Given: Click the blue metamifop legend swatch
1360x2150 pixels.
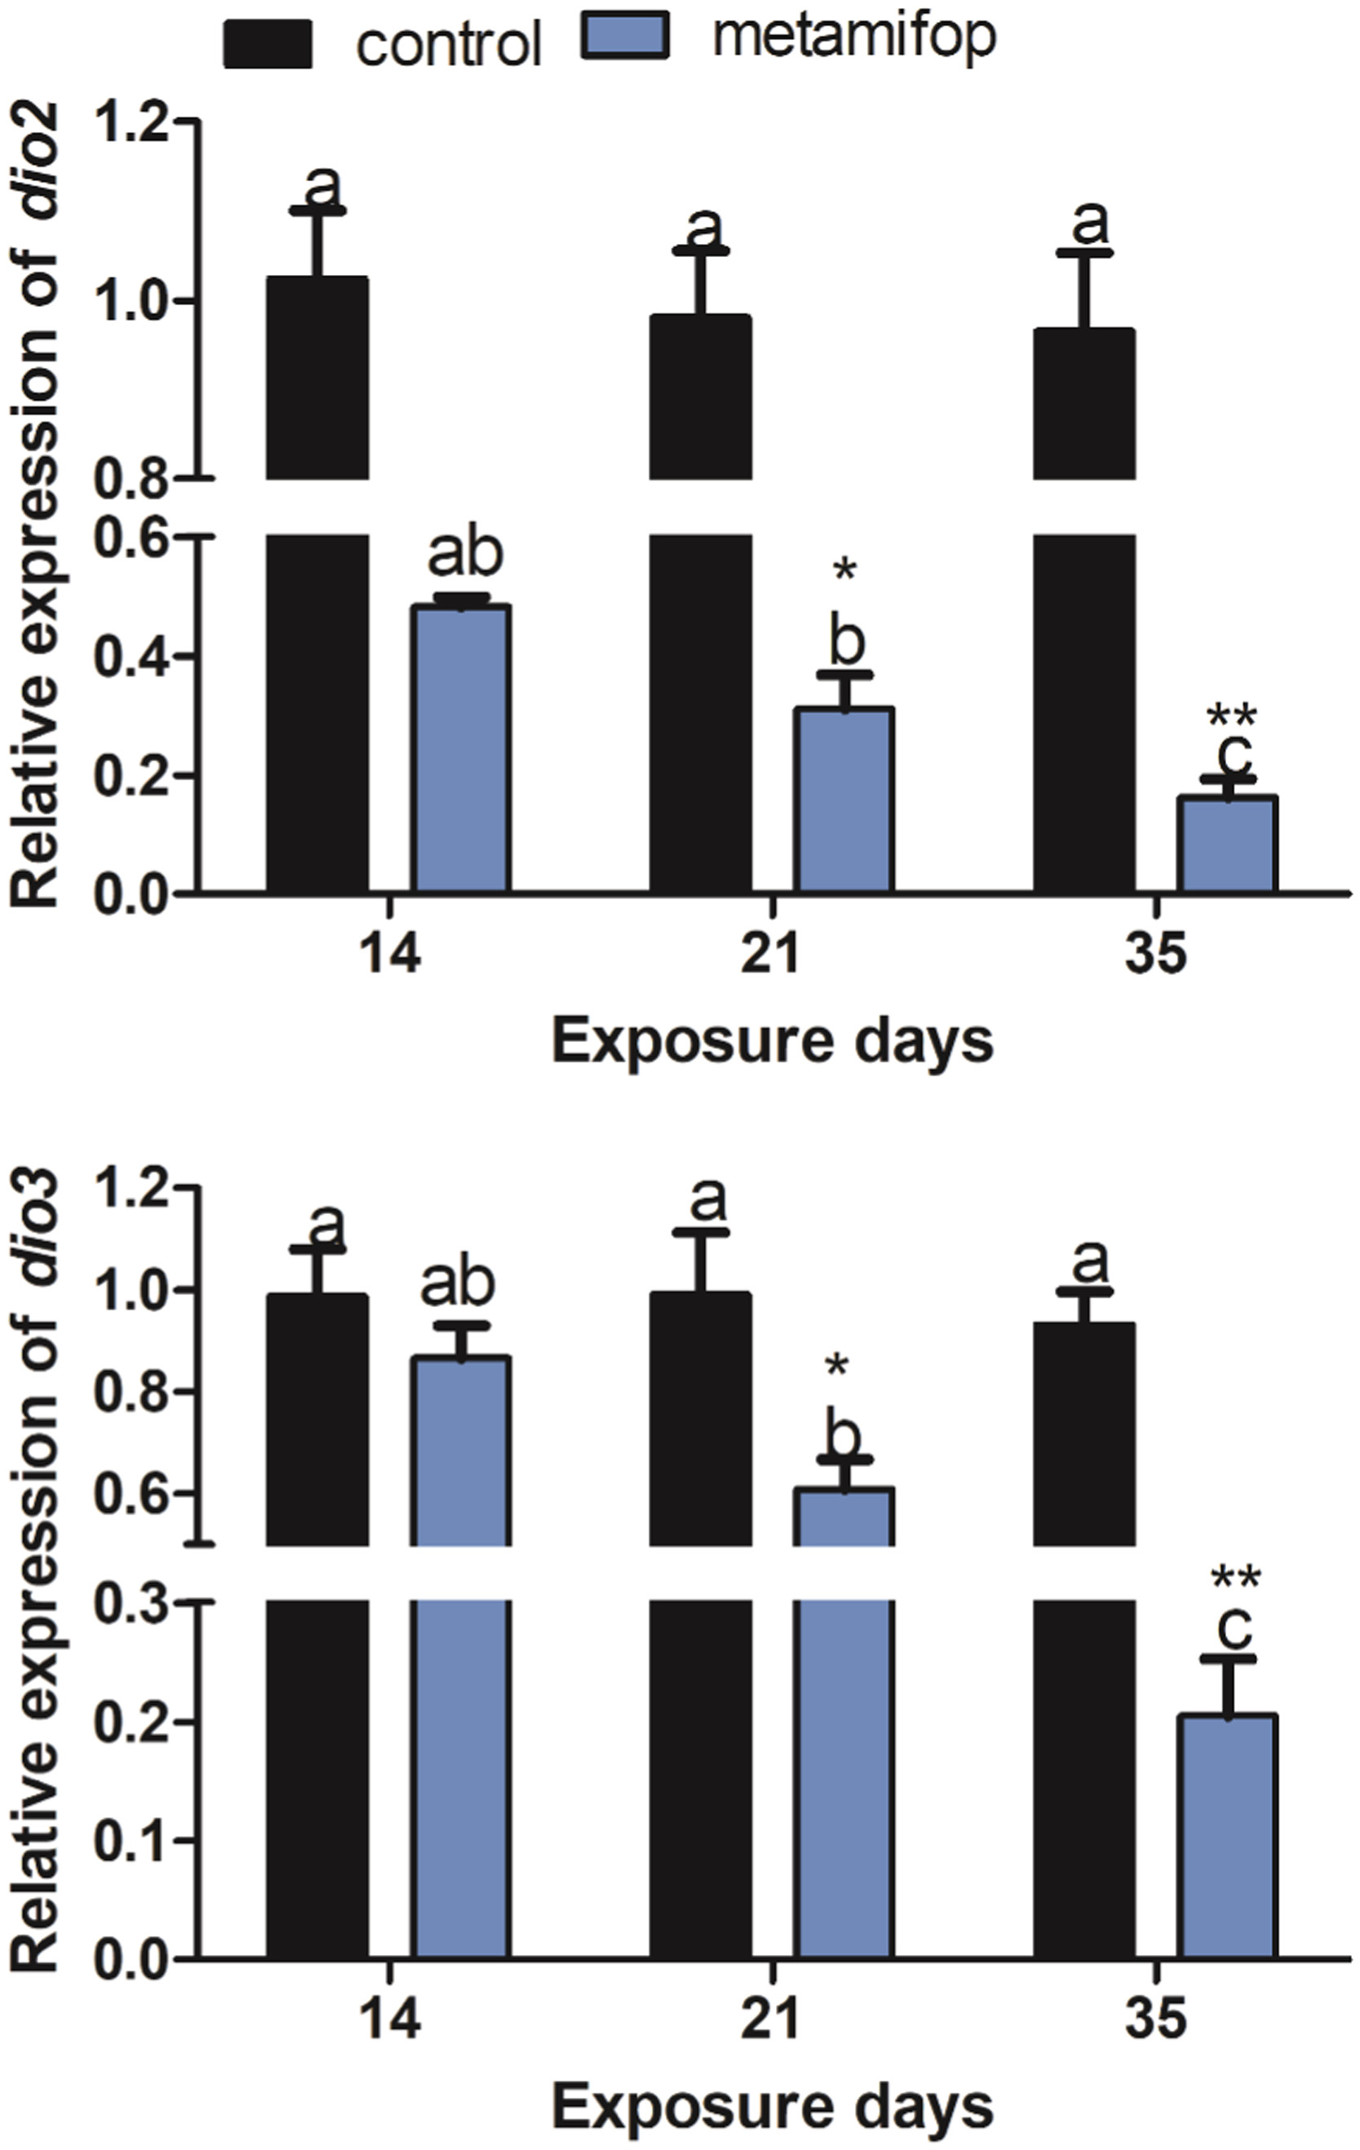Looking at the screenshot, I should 624,37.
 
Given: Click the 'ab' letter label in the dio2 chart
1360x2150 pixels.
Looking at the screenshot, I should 465,556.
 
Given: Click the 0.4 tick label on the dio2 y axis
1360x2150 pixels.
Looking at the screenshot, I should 131,657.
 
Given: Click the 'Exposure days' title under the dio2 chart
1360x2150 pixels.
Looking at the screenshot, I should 773,1042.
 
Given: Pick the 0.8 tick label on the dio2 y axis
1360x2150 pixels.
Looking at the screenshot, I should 131,481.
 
